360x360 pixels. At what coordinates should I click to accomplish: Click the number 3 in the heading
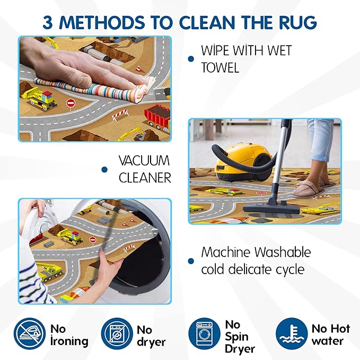click(48, 22)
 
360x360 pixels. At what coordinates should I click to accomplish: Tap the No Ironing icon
click(30, 333)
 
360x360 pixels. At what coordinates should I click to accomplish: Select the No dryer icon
click(117, 333)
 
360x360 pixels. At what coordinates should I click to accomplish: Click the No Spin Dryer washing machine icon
click(204, 333)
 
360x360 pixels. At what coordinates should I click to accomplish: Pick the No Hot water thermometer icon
click(292, 333)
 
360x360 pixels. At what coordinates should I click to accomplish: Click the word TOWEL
click(220, 67)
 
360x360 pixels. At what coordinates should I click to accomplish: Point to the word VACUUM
click(144, 161)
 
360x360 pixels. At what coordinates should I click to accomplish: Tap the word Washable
click(283, 252)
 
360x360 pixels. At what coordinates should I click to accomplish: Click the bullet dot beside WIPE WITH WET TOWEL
click(191, 59)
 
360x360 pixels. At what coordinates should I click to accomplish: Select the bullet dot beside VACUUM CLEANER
click(104, 170)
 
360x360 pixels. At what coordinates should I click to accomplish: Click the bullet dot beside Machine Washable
click(191, 261)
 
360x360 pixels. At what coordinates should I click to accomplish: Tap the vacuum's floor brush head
click(271, 208)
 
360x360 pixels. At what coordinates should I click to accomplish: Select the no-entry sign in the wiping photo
click(71, 103)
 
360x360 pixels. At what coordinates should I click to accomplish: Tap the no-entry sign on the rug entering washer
click(93, 240)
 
